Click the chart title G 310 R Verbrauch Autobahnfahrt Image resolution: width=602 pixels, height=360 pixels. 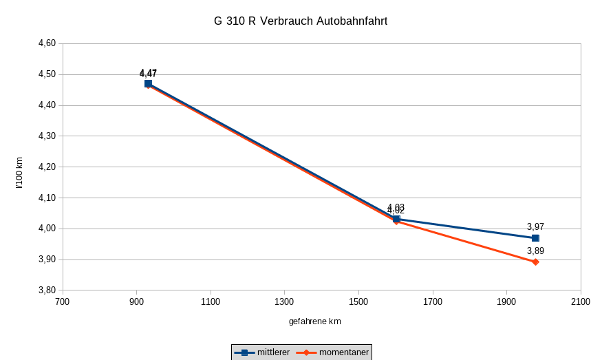[301, 21]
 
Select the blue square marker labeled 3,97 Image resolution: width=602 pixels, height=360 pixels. [535, 238]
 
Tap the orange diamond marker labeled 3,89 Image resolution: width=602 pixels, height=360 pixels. [535, 262]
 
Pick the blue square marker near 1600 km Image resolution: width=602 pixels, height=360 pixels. [396, 219]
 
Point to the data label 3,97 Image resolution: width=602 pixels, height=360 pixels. [535, 226]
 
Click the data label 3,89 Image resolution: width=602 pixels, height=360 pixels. [535, 251]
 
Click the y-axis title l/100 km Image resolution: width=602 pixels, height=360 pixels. [19, 173]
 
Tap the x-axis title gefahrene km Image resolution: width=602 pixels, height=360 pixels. [315, 321]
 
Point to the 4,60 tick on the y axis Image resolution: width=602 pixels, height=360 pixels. [47, 43]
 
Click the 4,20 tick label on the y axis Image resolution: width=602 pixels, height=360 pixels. [47, 167]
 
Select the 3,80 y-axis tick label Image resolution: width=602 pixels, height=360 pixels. [47, 290]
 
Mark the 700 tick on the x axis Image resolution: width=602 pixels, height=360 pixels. [63, 301]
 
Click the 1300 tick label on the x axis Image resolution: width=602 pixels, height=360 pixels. [284, 301]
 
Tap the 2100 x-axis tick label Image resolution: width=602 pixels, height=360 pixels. [580, 301]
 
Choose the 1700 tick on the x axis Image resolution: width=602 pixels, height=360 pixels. [432, 301]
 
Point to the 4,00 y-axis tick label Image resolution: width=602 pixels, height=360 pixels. [47, 229]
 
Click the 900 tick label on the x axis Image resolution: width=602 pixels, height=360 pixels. [136, 301]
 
